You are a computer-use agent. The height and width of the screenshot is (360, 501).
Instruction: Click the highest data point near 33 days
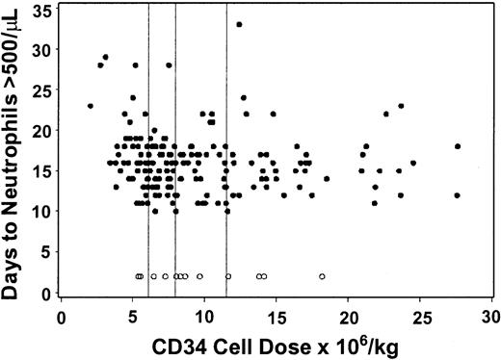point(239,24)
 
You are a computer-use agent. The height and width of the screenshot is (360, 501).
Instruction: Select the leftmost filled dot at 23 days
point(91,106)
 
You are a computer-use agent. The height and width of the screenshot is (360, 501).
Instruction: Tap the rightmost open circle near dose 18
point(322,276)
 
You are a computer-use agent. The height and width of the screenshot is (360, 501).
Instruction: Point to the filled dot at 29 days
point(105,57)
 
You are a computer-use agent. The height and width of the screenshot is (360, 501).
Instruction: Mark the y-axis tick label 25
point(43,90)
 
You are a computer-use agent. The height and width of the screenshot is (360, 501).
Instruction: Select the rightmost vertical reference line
point(226,144)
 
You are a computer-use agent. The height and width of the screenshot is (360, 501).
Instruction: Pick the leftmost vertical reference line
point(148,144)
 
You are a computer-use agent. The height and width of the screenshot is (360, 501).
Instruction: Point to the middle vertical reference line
point(175,144)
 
